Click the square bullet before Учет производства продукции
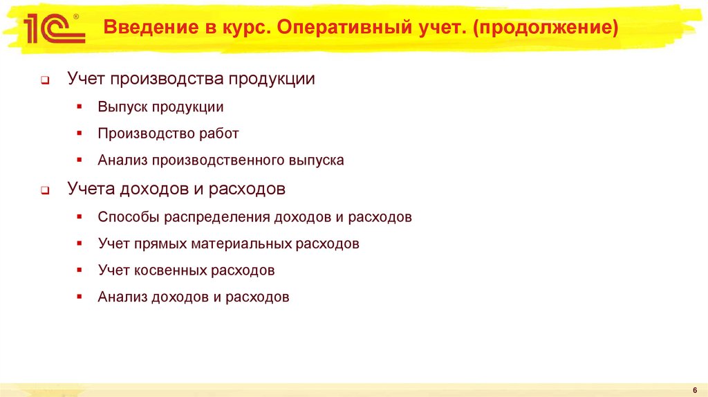[44, 80]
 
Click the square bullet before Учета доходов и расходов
[44, 190]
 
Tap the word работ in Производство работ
[219, 133]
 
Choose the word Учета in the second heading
[91, 188]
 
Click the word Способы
[129, 216]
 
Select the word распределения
[217, 216]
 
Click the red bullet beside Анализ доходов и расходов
[80, 296]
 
